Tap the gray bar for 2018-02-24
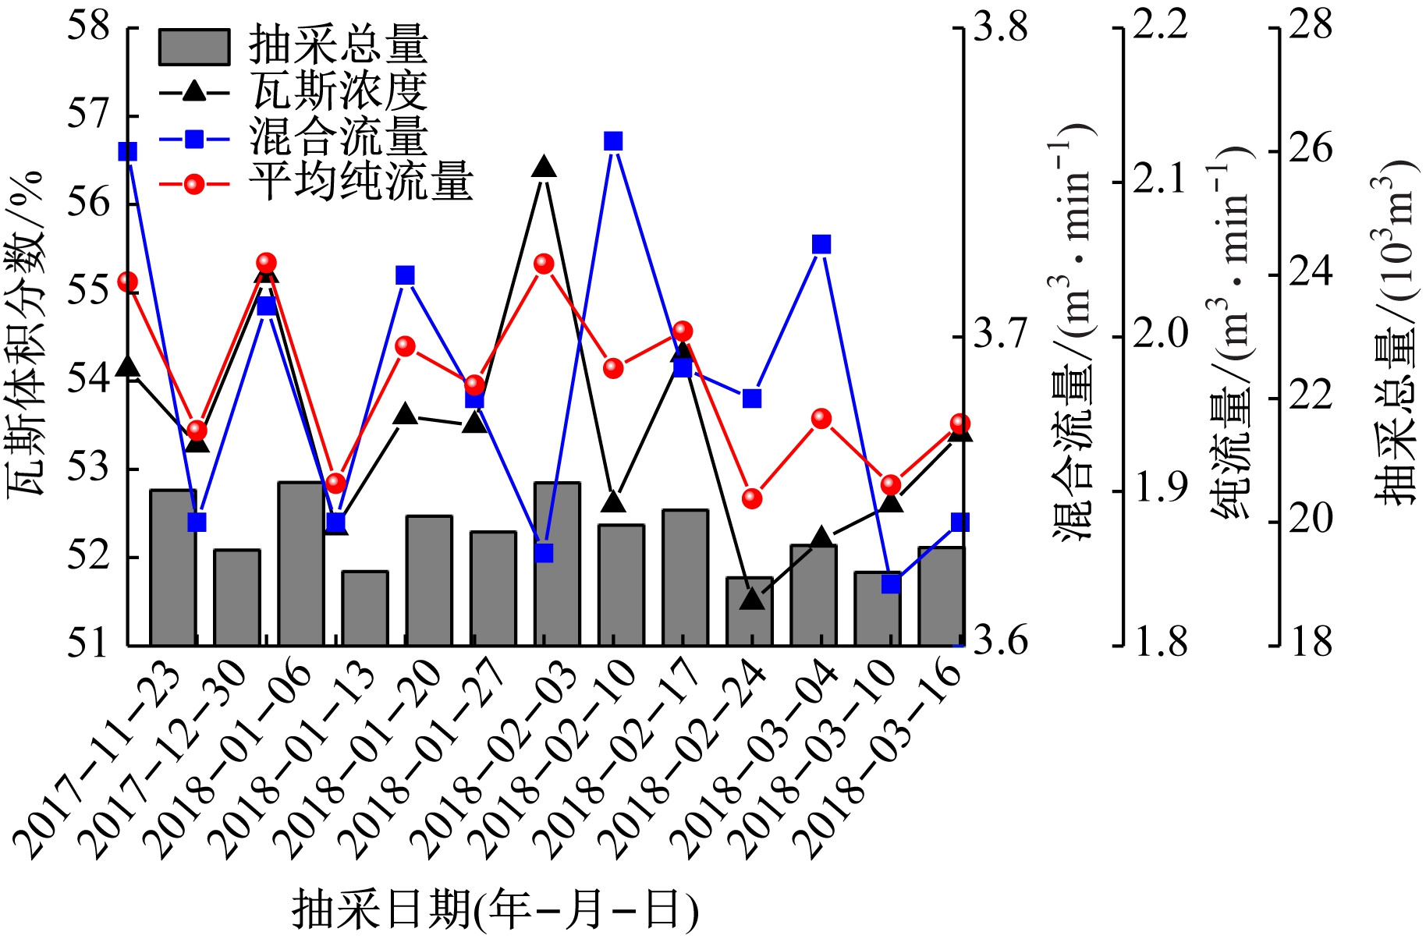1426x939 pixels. [x=749, y=611]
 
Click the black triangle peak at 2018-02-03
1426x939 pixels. [x=545, y=167]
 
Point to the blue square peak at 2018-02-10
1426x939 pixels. [x=614, y=141]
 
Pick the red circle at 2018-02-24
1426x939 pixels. [x=752, y=498]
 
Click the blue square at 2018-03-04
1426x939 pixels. [x=821, y=245]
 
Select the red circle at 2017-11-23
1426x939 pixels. [x=128, y=282]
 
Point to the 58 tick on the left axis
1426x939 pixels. [x=87, y=27]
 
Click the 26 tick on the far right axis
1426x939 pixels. [x=1311, y=150]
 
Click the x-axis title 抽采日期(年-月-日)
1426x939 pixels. [x=495, y=909]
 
